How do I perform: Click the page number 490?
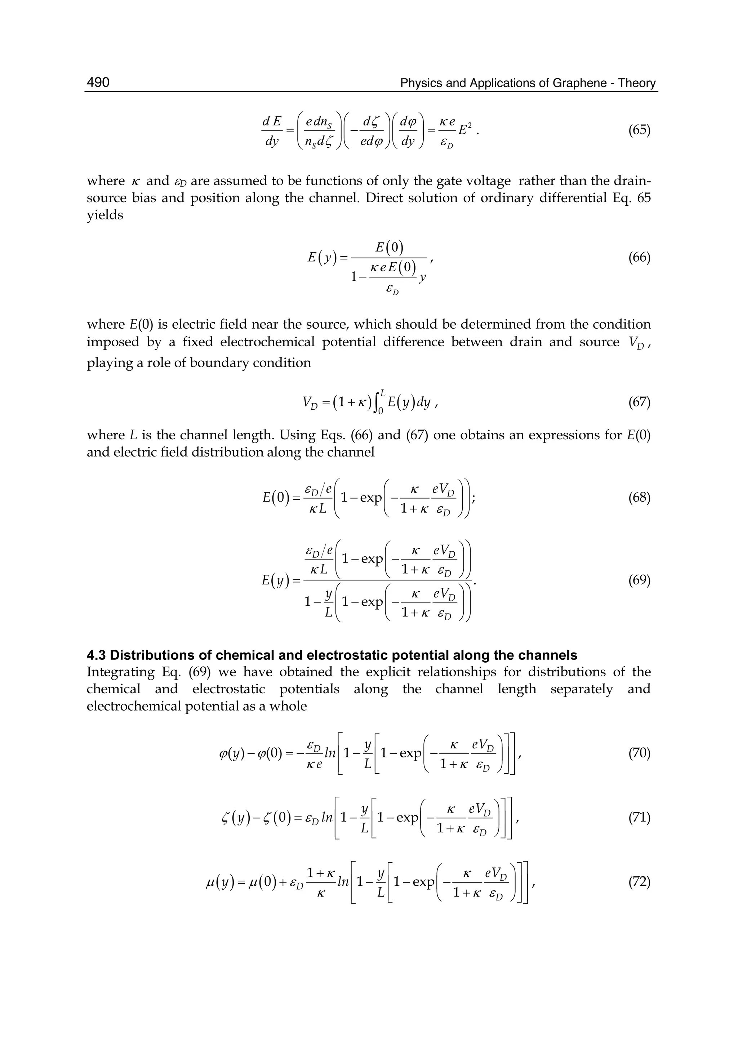(x=98, y=82)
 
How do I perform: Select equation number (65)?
(x=639, y=130)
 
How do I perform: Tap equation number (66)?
(x=639, y=258)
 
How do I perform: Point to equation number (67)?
(x=639, y=402)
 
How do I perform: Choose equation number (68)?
(x=639, y=498)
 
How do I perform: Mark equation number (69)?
(x=639, y=580)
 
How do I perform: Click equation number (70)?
(x=639, y=753)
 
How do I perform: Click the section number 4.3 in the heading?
(x=96, y=655)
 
